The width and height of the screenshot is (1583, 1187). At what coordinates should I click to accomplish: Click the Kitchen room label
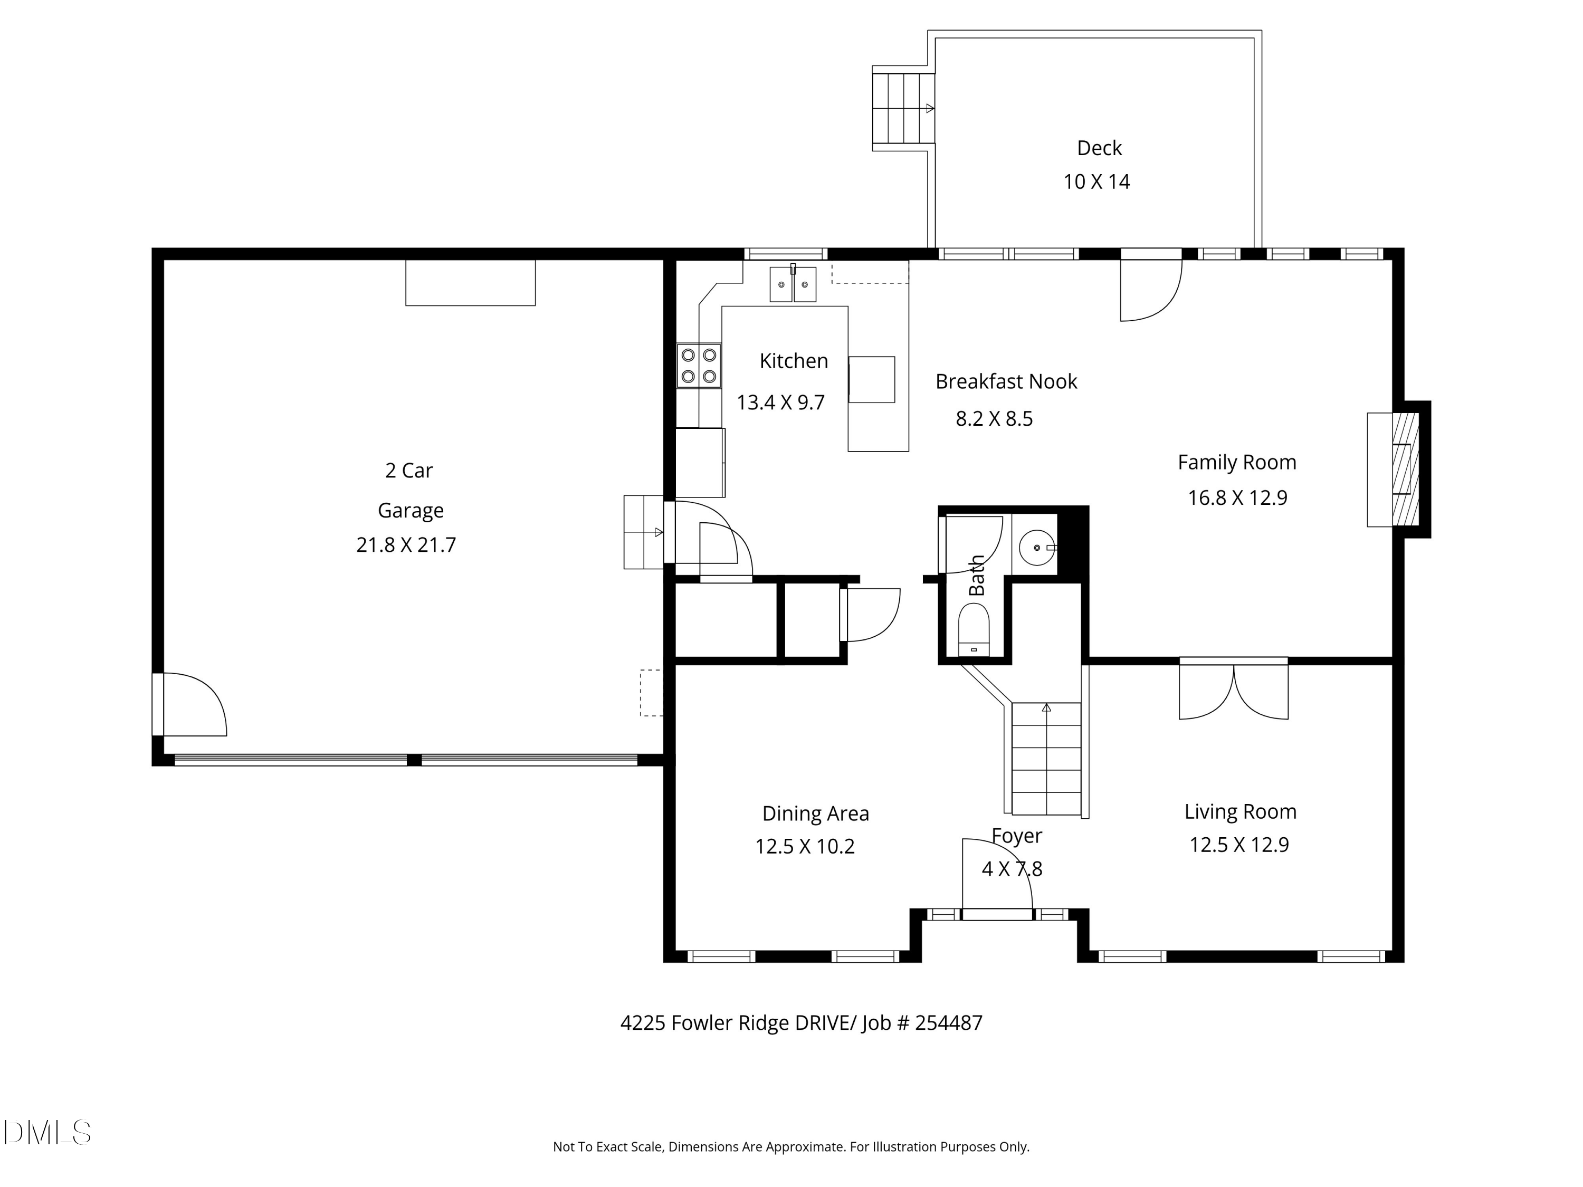(x=794, y=361)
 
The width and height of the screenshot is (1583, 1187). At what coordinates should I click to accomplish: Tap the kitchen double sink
(x=793, y=284)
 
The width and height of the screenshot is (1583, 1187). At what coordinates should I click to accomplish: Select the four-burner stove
(x=699, y=366)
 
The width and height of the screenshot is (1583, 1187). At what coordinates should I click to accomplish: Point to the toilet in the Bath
(x=973, y=629)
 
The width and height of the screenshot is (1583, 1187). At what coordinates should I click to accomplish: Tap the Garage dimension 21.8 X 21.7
(x=406, y=545)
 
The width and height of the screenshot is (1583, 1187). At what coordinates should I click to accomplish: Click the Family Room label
(x=1237, y=463)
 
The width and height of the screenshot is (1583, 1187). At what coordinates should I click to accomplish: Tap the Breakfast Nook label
(x=1006, y=382)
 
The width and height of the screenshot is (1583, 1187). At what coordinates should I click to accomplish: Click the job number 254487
(x=949, y=1023)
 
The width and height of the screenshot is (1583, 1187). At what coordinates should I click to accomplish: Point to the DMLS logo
(x=47, y=1133)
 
